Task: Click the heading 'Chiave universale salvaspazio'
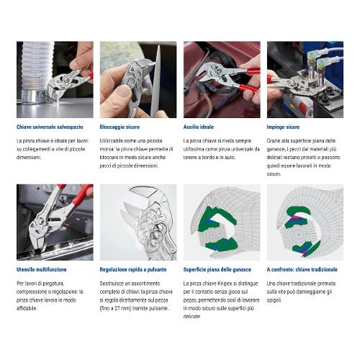click(x=50, y=127)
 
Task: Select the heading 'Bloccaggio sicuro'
click(x=120, y=127)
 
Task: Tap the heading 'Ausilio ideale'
click(x=199, y=127)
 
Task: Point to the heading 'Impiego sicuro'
click(x=283, y=127)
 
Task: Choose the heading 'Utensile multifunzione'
click(x=41, y=269)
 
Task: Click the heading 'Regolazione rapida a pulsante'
click(x=133, y=270)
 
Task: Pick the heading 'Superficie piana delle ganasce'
click(x=217, y=270)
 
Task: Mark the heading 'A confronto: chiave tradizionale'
click(x=302, y=269)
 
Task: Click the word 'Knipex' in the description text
click(x=225, y=284)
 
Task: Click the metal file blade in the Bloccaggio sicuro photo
click(x=156, y=81)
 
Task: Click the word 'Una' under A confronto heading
click(x=271, y=284)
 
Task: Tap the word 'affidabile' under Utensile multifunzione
click(x=27, y=308)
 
